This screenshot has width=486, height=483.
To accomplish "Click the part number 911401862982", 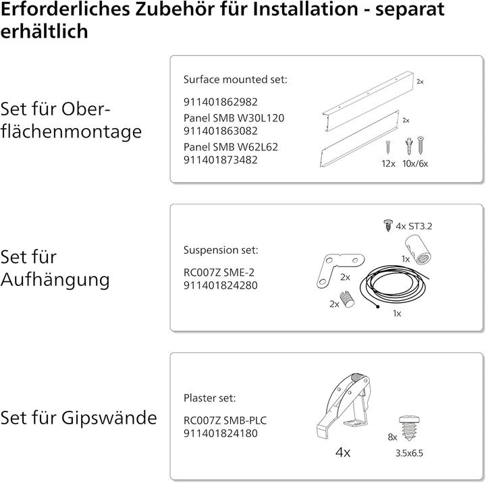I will pos(221,103).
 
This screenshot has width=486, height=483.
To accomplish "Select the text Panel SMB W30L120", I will pos(224,117).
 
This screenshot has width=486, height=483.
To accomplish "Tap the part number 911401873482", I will pos(221,160).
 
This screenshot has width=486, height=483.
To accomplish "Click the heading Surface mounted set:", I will pos(236,80).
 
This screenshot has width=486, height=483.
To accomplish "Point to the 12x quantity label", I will pos(387,163).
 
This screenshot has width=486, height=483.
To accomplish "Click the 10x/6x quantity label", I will pos(415,163).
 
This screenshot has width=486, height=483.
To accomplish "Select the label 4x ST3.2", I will pos(414,226).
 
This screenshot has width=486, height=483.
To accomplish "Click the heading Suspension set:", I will pos(221,250).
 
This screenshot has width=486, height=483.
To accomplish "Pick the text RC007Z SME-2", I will pos(214,273).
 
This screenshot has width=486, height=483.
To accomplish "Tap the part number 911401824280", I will pos(221,286).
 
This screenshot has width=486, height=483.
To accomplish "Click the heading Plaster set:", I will pos(210,398).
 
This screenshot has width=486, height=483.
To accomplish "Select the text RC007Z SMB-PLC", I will pos(225,420).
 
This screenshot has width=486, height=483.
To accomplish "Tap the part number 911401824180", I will pos(221,434).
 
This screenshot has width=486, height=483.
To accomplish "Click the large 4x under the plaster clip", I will pos(343,453).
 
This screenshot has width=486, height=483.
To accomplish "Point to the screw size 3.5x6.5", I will pos(409,453).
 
